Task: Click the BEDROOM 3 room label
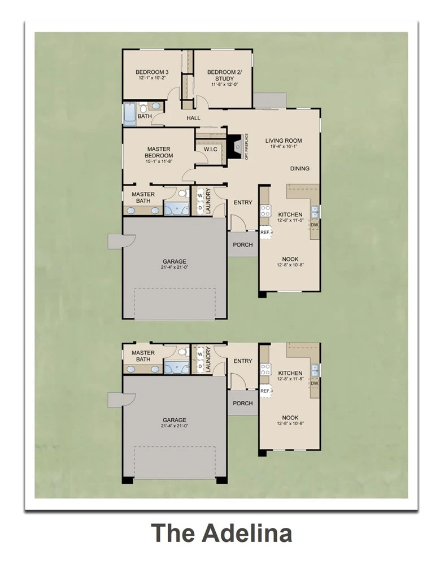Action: click(x=152, y=72)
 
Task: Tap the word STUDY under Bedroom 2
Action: click(x=224, y=78)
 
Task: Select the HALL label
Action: click(x=194, y=118)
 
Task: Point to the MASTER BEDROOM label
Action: click(x=159, y=152)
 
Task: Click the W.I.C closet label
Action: click(x=210, y=150)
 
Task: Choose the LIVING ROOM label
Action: click(x=283, y=141)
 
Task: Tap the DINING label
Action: click(x=299, y=168)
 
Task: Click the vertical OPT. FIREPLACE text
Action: click(x=246, y=147)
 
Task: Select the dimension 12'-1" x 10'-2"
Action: click(x=152, y=78)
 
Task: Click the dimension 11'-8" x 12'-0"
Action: click(x=224, y=85)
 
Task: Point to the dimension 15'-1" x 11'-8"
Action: click(x=159, y=161)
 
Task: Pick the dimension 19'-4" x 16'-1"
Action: click(x=283, y=147)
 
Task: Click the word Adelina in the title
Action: click(x=247, y=533)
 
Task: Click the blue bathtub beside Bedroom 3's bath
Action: click(x=129, y=114)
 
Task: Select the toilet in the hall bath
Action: click(x=143, y=107)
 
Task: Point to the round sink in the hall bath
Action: click(x=156, y=106)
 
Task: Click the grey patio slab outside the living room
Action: click(x=269, y=100)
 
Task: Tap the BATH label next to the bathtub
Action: click(x=145, y=116)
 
